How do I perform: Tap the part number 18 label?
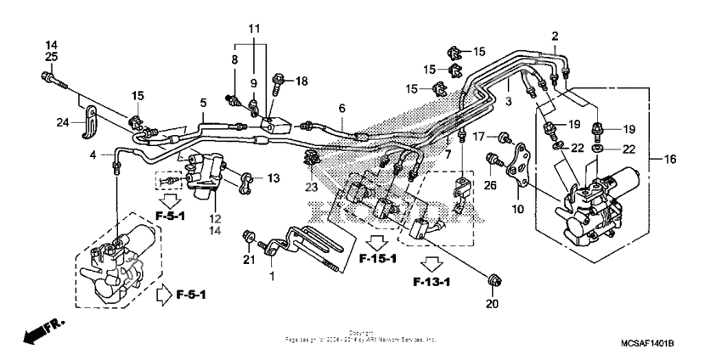coord(302,81)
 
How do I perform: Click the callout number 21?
coord(250,259)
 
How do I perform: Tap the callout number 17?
coord(480,137)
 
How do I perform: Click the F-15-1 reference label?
coord(376,258)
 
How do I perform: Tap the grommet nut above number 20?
coord(493,278)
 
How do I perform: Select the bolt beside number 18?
coord(278,81)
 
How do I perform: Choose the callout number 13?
coord(273,178)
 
